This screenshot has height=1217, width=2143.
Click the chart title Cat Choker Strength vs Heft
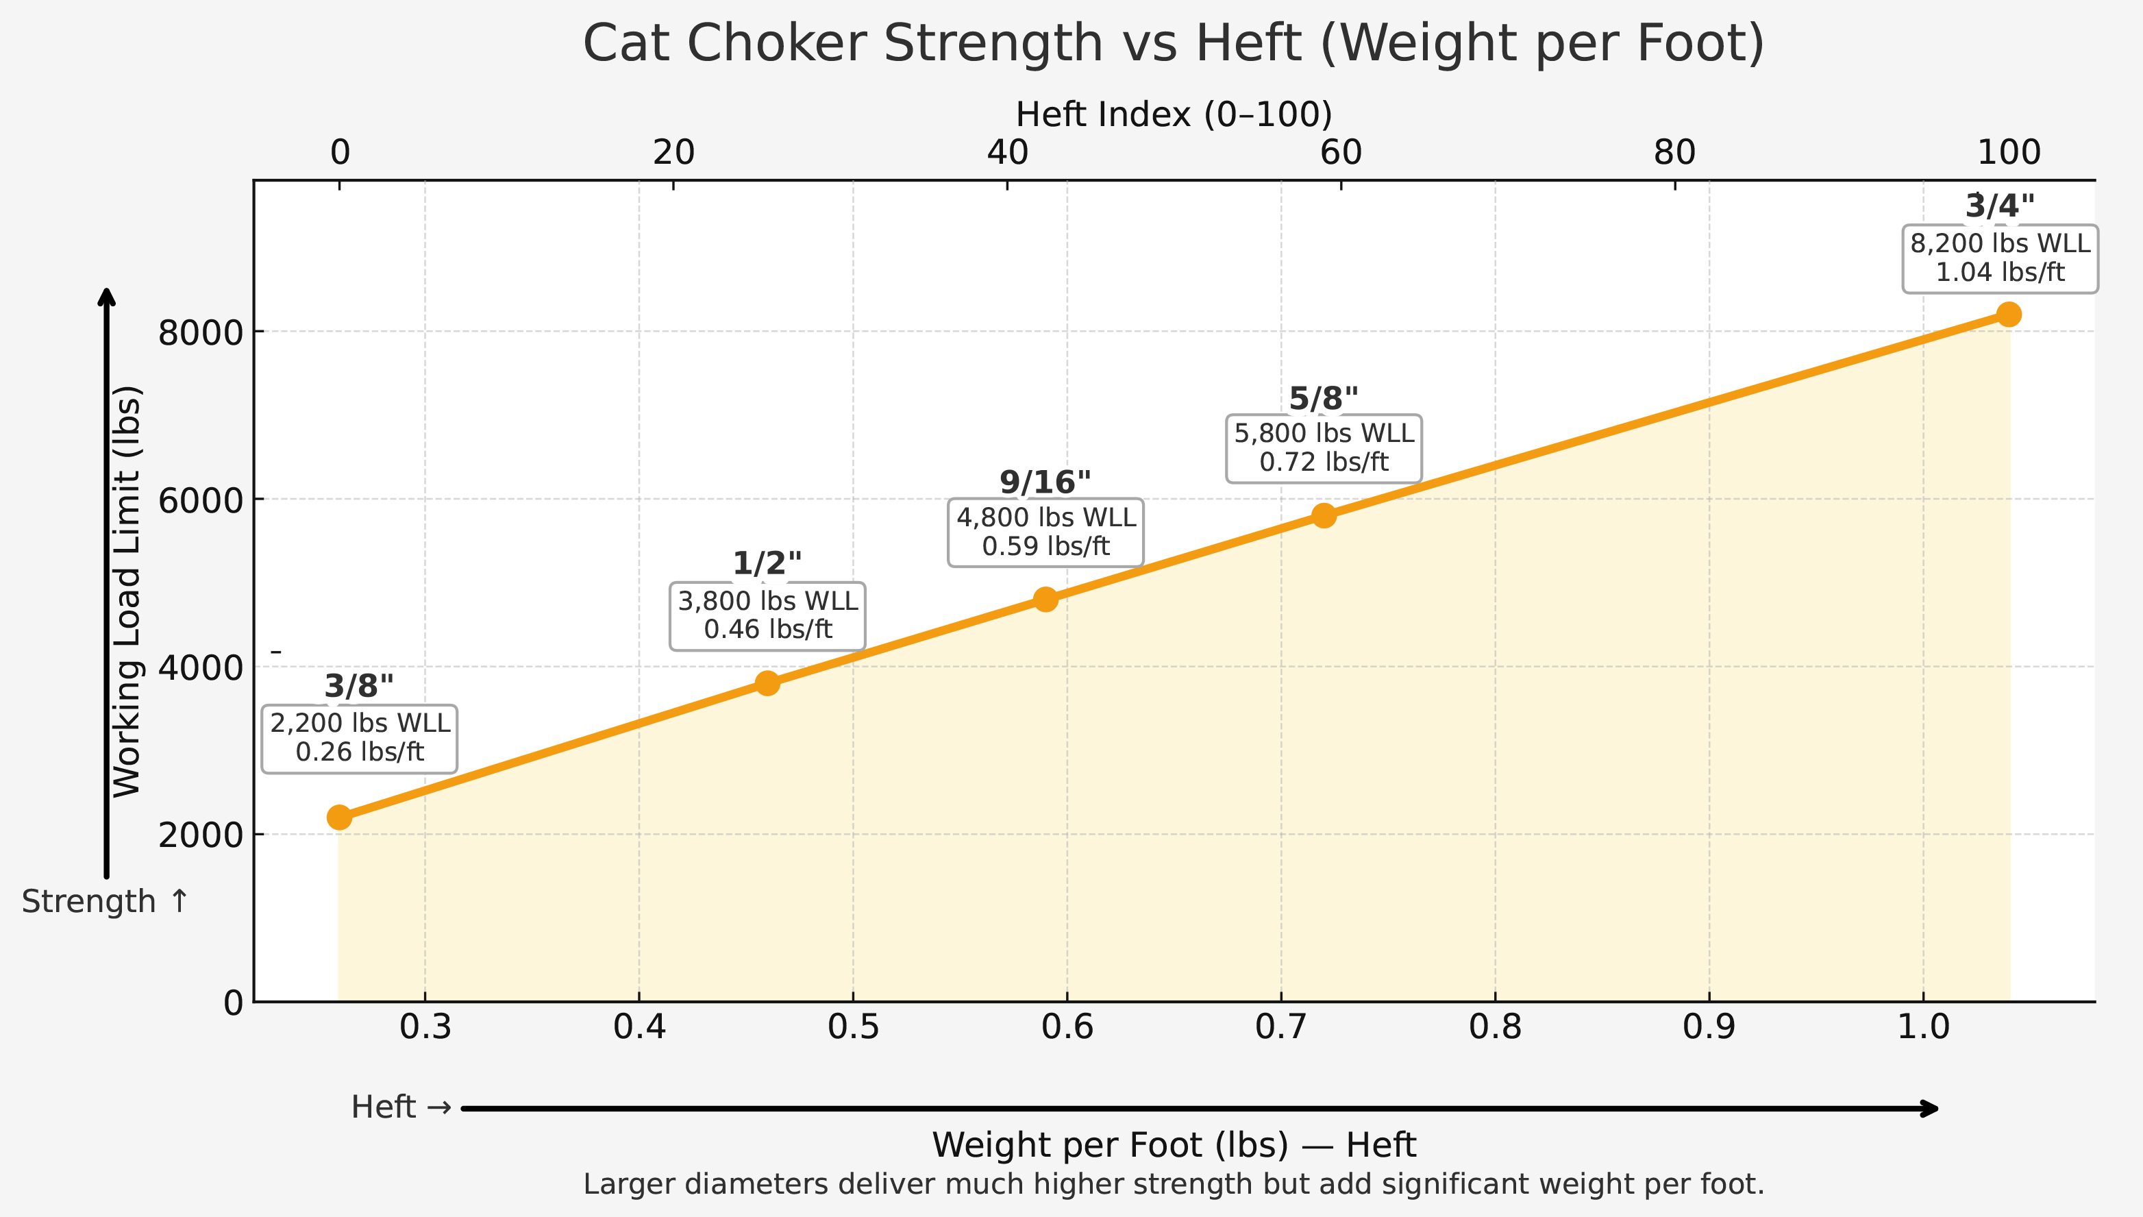[1173, 43]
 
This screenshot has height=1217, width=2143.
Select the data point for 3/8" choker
[339, 817]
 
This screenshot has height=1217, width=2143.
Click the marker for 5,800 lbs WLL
[1324, 515]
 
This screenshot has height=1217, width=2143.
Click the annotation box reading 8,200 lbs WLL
[1999, 258]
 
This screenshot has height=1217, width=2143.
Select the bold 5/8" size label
[1324, 398]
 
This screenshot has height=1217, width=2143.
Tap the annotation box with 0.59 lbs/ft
[1045, 532]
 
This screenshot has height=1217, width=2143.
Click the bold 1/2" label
[767, 563]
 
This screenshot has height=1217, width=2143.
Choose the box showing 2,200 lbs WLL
[359, 738]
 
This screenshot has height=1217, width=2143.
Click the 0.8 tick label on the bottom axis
[1495, 1027]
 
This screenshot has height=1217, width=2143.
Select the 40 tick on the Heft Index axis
[1006, 153]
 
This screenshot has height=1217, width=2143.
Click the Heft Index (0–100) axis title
[1173, 114]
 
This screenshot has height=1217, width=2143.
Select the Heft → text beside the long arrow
[401, 1107]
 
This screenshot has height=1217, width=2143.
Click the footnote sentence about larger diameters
[1173, 1184]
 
